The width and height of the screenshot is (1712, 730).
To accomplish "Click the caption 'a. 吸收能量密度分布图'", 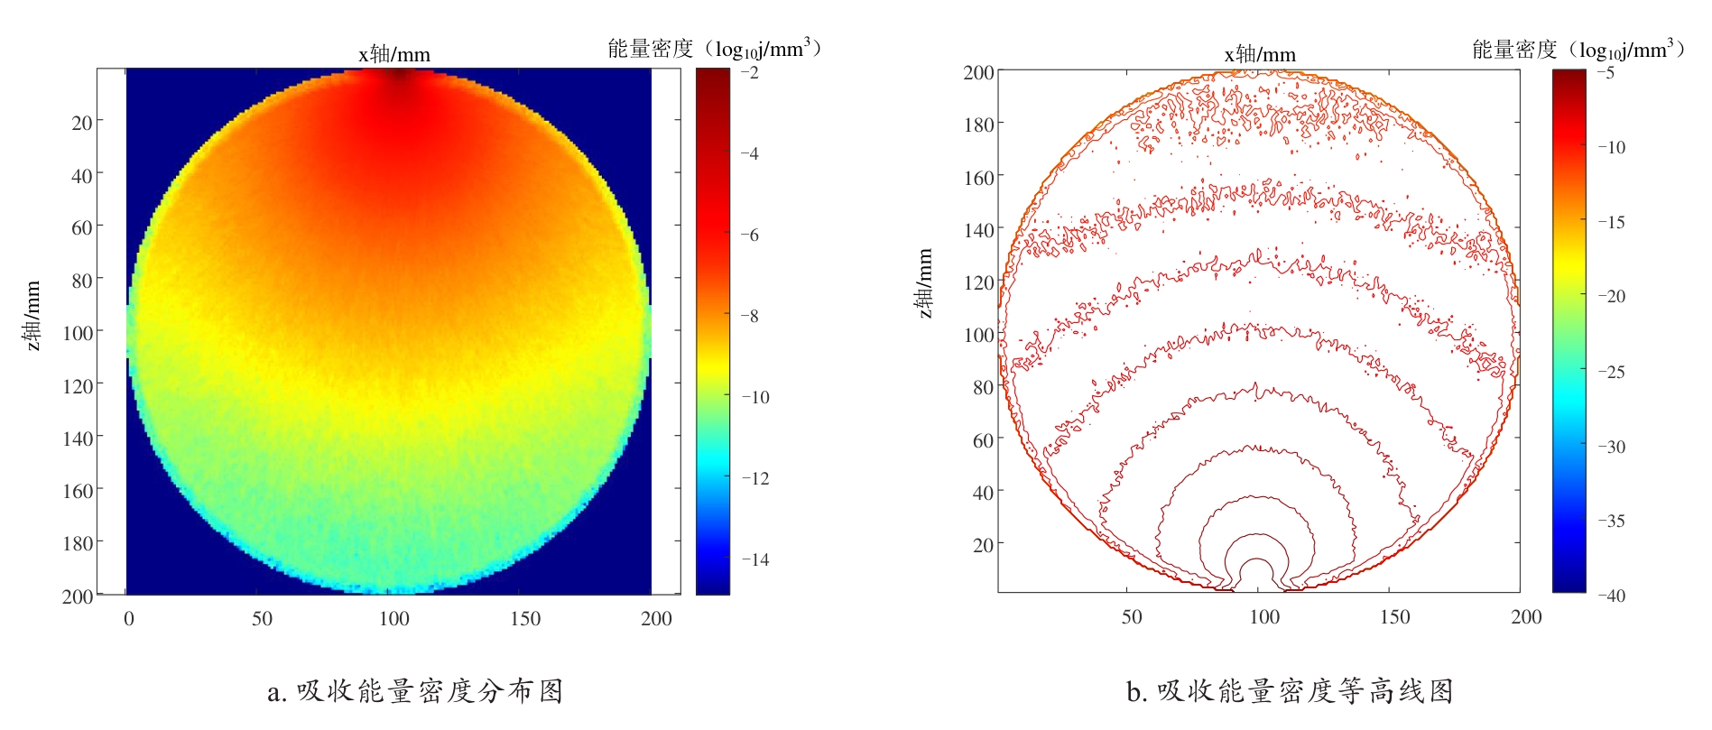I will [416, 691].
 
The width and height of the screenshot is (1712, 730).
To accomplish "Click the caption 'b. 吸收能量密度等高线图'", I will [1290, 691].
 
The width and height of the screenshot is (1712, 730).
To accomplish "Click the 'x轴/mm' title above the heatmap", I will [394, 54].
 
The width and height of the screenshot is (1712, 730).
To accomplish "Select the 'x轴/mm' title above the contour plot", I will [1260, 54].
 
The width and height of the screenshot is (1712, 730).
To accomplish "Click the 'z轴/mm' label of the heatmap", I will [32, 316].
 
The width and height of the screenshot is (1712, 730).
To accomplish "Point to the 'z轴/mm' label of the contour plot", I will [925, 283].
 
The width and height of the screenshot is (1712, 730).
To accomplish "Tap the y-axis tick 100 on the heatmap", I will [78, 333].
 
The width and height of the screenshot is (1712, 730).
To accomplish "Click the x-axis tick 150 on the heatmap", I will [525, 619].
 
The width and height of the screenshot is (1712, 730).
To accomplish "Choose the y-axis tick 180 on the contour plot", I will [978, 125].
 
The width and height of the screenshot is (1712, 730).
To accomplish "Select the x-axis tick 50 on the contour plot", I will [1132, 617].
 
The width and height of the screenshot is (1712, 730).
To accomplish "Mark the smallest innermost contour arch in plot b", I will [1257, 570].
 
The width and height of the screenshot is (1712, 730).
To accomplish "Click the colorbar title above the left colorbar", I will [714, 49].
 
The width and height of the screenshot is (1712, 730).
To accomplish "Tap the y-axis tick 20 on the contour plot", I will [983, 545].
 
